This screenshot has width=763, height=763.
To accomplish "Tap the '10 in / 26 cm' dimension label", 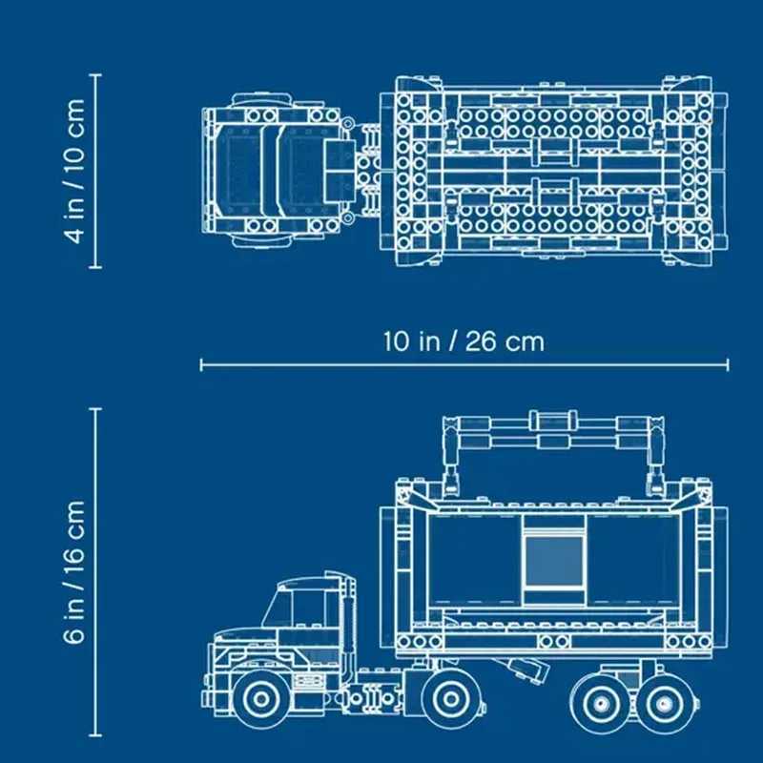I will (464, 340).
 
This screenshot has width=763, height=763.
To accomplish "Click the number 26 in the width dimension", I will (483, 340).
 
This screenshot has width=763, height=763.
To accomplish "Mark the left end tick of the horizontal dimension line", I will (201, 363).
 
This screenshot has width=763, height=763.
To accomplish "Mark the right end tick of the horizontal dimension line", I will (729, 363).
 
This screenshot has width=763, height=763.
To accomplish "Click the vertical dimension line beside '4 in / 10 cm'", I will (96, 172).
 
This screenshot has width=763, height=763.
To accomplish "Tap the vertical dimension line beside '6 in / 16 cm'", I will (96, 572).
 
